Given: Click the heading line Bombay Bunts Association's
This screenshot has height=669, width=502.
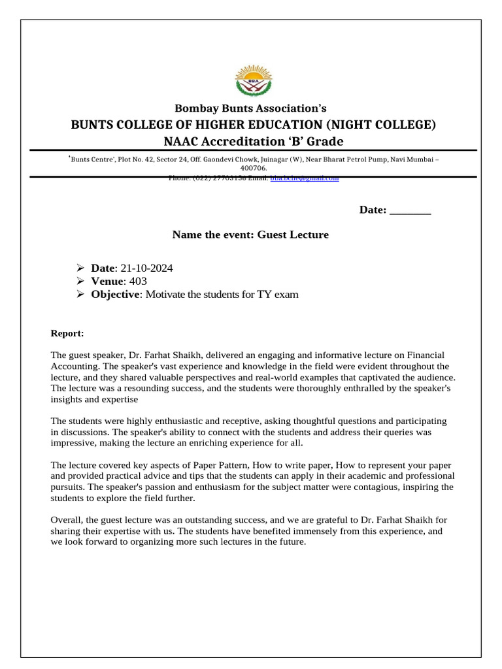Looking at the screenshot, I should tap(250, 108).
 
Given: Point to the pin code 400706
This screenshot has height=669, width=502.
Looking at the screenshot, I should tap(250, 168).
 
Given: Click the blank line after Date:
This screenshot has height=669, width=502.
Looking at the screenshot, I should tap(410, 210).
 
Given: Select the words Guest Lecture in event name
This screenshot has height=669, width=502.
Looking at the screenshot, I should tap(293, 235).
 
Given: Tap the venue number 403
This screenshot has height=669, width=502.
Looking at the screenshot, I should tap(138, 282).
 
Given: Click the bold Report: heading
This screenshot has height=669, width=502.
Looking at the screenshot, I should tap(67, 334).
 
